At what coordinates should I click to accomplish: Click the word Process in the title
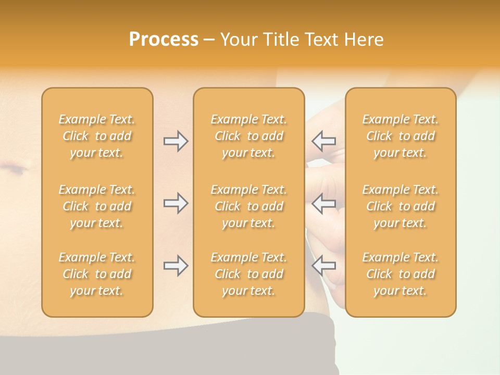[x=164, y=40]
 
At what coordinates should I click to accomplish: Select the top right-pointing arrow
[x=176, y=141]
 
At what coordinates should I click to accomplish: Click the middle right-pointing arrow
[x=176, y=203]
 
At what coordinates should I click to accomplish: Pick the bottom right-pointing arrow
[x=176, y=266]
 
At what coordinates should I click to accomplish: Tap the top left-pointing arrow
[x=324, y=141]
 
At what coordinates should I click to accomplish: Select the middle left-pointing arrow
[x=324, y=203]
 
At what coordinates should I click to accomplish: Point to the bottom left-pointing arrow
[x=324, y=266]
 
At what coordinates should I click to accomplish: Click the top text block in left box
[x=97, y=136]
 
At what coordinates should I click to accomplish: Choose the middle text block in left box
[x=97, y=206]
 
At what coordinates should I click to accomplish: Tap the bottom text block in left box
[x=97, y=274]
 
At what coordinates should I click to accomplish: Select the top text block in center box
[x=248, y=136]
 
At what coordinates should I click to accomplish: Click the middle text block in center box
[x=248, y=206]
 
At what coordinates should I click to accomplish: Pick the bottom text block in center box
[x=248, y=274]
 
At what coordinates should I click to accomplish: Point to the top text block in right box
[x=400, y=136]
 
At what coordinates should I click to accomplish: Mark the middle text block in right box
[x=400, y=206]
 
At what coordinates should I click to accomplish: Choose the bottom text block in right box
[x=400, y=274]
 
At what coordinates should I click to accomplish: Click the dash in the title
[x=209, y=40]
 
